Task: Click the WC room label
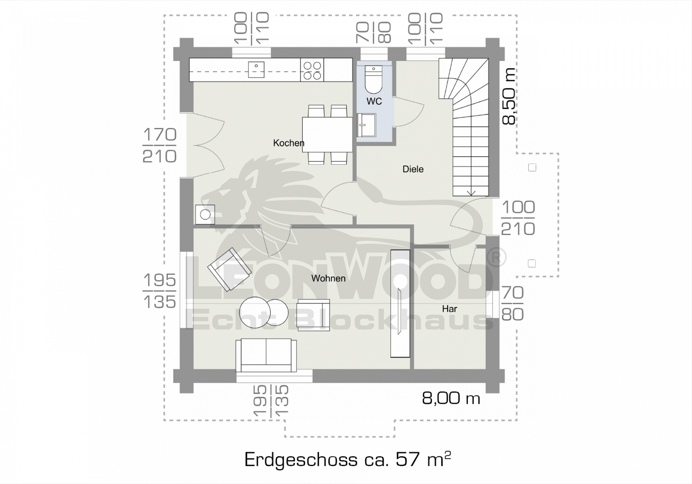click(x=374, y=102)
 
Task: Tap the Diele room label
click(x=413, y=169)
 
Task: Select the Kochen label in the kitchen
click(x=289, y=143)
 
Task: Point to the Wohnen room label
click(x=328, y=278)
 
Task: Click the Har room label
click(x=449, y=309)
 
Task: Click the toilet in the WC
click(x=374, y=80)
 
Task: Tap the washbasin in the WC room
click(x=367, y=125)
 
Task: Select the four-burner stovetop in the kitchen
click(x=312, y=70)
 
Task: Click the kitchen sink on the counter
click(x=256, y=70)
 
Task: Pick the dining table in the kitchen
click(x=327, y=135)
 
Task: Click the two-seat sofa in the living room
click(x=266, y=355)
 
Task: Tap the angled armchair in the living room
click(x=230, y=269)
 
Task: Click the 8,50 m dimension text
click(x=509, y=96)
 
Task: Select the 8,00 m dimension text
click(x=451, y=398)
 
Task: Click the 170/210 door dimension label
click(x=159, y=145)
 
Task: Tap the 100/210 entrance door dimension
click(x=518, y=218)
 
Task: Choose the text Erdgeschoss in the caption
click(x=300, y=460)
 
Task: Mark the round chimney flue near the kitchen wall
click(x=205, y=215)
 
